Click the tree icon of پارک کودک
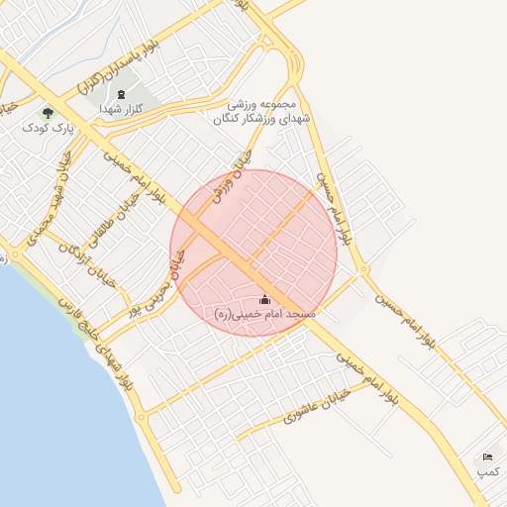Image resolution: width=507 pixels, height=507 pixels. pyautogui.click(x=49, y=113)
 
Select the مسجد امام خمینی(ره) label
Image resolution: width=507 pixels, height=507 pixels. pyautogui.click(x=264, y=313)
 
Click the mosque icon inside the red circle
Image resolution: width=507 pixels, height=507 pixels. pyautogui.click(x=264, y=299)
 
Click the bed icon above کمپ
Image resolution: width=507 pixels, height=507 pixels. pyautogui.click(x=487, y=457)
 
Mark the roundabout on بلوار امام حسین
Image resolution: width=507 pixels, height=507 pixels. pyautogui.click(x=363, y=269)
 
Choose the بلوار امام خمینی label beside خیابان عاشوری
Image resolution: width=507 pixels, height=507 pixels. pyautogui.click(x=366, y=374)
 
